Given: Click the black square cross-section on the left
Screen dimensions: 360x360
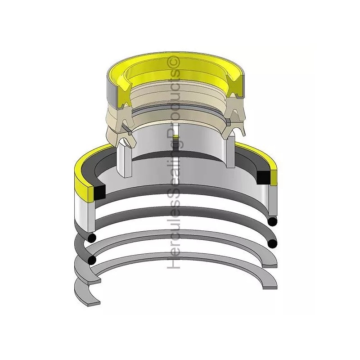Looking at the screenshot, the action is [99, 192].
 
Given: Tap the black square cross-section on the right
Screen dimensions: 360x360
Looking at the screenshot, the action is [263, 177].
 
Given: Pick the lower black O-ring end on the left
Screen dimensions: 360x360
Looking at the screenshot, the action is [92, 260].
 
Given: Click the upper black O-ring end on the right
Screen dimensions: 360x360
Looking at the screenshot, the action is [273, 221].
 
